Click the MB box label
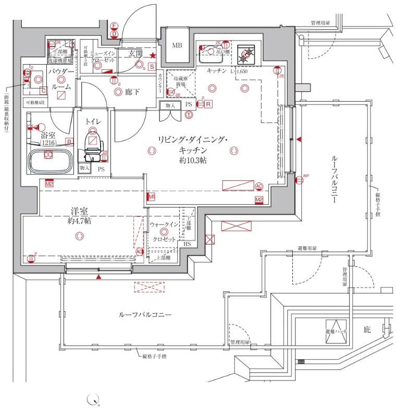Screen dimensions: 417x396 pos(178,45)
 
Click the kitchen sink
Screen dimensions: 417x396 pos(211,51)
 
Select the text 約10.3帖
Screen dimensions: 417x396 pos(193,161)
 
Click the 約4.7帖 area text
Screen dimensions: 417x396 pos(79,221)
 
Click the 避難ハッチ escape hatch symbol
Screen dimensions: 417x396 pos(336,327)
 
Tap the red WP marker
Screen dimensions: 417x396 pos(299,180)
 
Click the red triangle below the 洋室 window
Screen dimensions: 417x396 pos(98,276)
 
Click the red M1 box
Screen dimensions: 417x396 pos(152,197)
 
